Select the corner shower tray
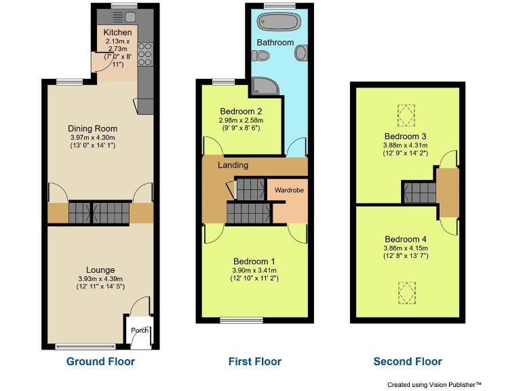click(261, 86)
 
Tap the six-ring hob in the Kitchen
click(144, 52)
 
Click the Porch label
click(140, 331)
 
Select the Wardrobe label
click(289, 190)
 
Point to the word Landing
click(233, 165)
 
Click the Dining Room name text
click(92, 128)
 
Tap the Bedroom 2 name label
click(241, 111)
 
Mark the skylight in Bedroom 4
click(406, 292)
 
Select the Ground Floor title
click(100, 361)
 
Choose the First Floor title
click(254, 361)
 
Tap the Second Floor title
click(407, 361)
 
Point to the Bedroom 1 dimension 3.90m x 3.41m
click(254, 270)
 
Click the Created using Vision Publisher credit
click(434, 384)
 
